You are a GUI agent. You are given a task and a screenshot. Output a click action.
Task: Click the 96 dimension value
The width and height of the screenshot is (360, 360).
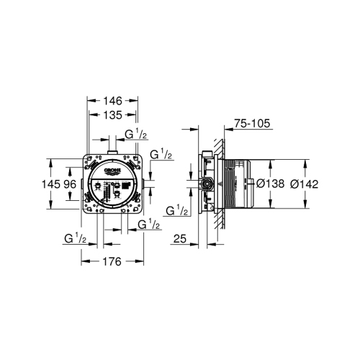pyautogui.click(x=70, y=184)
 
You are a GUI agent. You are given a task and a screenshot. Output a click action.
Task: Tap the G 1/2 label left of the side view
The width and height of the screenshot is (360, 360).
pyautogui.click(x=176, y=210)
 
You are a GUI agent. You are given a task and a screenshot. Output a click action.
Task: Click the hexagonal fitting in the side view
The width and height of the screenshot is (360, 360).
pyautogui.click(x=206, y=184)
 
